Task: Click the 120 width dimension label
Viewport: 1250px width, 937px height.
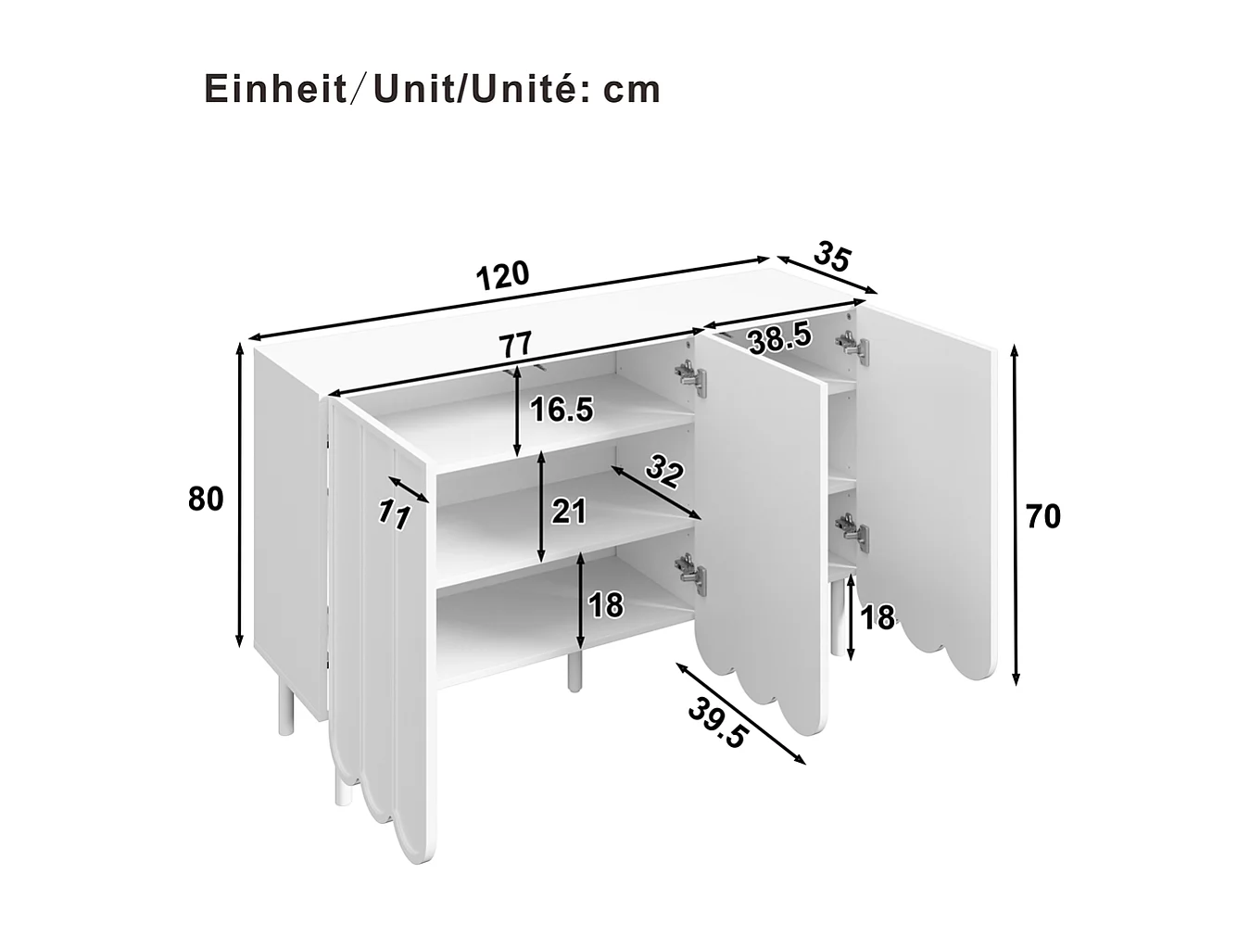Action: coord(503,274)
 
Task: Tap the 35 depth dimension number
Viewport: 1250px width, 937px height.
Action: coord(832,257)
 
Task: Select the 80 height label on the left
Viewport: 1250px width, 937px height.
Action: coord(206,499)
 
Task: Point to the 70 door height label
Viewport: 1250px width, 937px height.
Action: coord(1043,516)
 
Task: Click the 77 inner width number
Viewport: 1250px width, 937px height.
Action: coord(515,344)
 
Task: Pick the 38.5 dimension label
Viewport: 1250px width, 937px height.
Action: coord(780,337)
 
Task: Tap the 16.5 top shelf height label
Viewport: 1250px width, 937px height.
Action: coord(561,409)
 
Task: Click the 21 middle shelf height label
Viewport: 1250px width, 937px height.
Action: coord(569,510)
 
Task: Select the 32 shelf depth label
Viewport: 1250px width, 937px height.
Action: coord(663,472)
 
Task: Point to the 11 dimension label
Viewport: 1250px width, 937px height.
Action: coord(395,514)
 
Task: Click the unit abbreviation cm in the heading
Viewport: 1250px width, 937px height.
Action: coord(632,90)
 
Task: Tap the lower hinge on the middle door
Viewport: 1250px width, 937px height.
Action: coord(690,572)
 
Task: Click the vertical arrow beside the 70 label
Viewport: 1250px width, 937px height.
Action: coord(1016,514)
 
